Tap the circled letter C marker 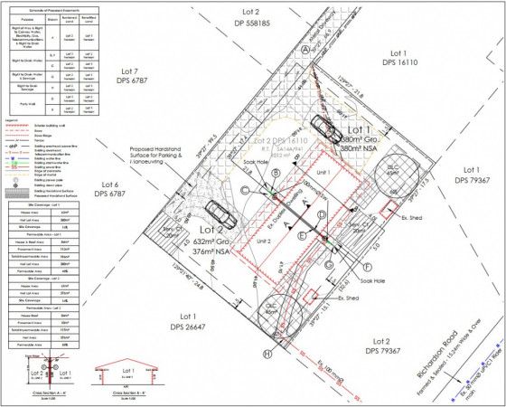coord(246,188)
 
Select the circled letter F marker coord(368,268)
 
